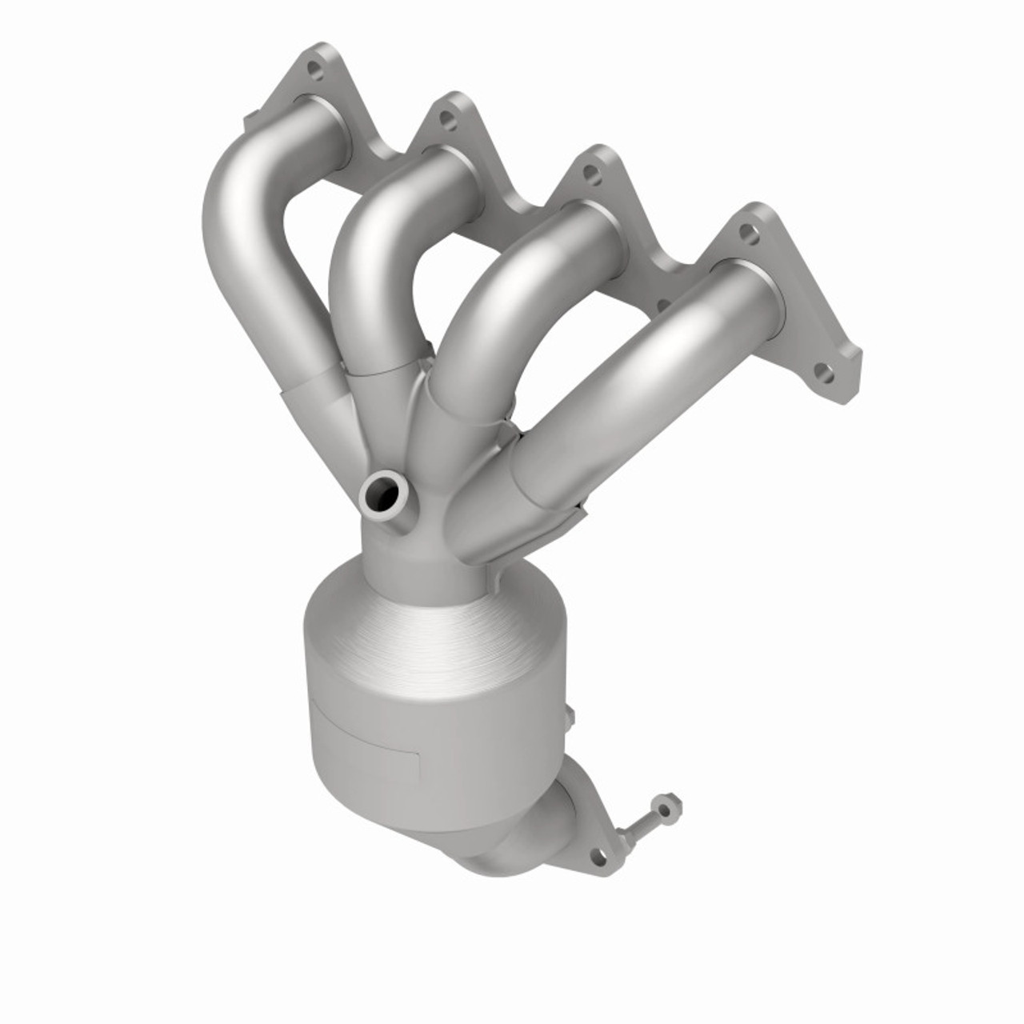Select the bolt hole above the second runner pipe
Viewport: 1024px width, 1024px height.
(447, 121)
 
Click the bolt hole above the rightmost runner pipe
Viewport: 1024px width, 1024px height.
(747, 233)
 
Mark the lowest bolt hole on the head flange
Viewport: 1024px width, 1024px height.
(824, 373)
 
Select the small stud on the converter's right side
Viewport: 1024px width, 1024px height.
(570, 715)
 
